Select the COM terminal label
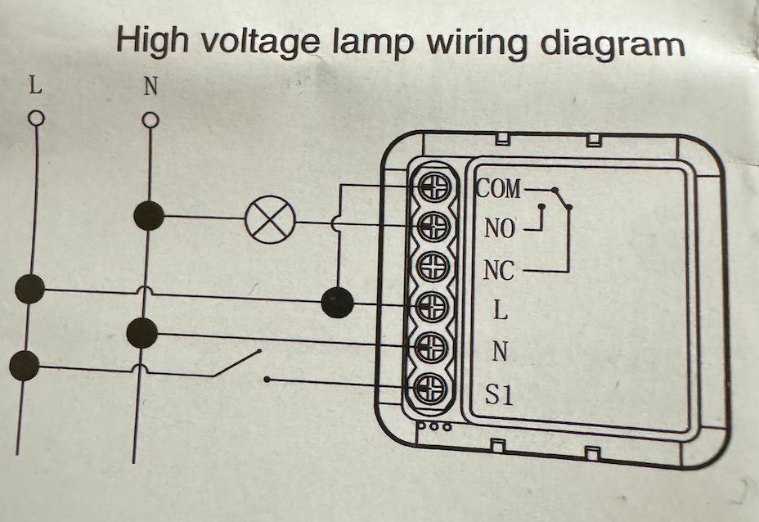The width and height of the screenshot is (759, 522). [x=498, y=189]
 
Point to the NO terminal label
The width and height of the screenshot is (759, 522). [x=500, y=229]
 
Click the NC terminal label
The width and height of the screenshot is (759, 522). [x=498, y=269]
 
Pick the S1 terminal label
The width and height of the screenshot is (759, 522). [x=499, y=396]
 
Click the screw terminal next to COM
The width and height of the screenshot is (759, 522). [x=433, y=188]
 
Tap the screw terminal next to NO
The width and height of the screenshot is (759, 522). [x=433, y=227]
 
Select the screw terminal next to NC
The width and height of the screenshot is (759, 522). [x=433, y=267]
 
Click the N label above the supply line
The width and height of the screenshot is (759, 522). [x=150, y=88]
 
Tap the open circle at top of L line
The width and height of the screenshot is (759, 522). [x=35, y=119]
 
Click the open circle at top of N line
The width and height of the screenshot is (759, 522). [x=150, y=120]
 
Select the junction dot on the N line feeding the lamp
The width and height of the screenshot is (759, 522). [x=148, y=216]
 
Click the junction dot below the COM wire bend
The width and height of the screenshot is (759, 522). [x=337, y=303]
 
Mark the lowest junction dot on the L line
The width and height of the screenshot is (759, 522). [x=25, y=365]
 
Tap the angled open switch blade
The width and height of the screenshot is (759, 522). [x=236, y=363]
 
